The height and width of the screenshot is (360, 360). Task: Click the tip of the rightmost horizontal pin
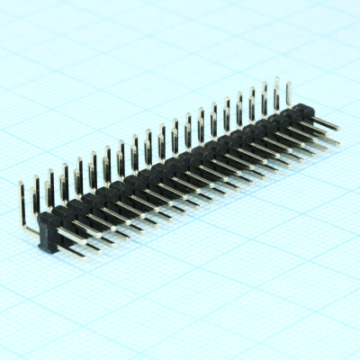point(338,127)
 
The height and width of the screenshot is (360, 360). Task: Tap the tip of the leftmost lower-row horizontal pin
point(84,254)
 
